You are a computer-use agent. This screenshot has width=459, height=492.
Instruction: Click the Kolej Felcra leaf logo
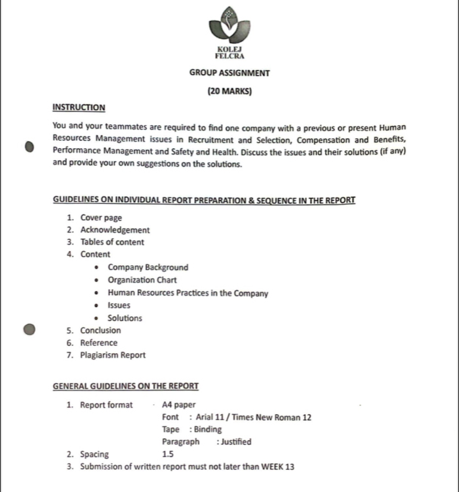229,26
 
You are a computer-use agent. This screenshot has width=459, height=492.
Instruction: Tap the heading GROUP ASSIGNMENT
229,73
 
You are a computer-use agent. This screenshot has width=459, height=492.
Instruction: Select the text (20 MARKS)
229,92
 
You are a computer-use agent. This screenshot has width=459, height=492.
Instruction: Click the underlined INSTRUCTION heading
79,107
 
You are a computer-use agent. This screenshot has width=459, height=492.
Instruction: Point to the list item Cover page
101,218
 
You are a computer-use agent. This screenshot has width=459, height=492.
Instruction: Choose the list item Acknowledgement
115,230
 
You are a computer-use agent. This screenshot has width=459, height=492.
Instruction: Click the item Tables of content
112,242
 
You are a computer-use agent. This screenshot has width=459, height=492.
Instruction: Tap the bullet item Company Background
148,267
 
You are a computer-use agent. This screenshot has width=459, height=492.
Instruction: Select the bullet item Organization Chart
142,280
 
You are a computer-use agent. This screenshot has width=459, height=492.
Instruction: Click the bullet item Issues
119,305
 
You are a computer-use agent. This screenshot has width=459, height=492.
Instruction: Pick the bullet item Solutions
125,318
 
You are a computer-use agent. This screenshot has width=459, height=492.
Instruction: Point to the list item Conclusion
100,330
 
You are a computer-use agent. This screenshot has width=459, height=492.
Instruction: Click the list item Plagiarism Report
113,355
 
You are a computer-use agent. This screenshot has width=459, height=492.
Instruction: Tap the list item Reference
99,343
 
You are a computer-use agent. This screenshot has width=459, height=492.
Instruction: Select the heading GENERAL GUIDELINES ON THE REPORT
125,387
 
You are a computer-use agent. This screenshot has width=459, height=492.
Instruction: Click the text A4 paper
178,405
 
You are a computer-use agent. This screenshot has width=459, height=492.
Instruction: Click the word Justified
236,442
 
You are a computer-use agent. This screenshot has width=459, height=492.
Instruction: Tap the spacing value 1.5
168,454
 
